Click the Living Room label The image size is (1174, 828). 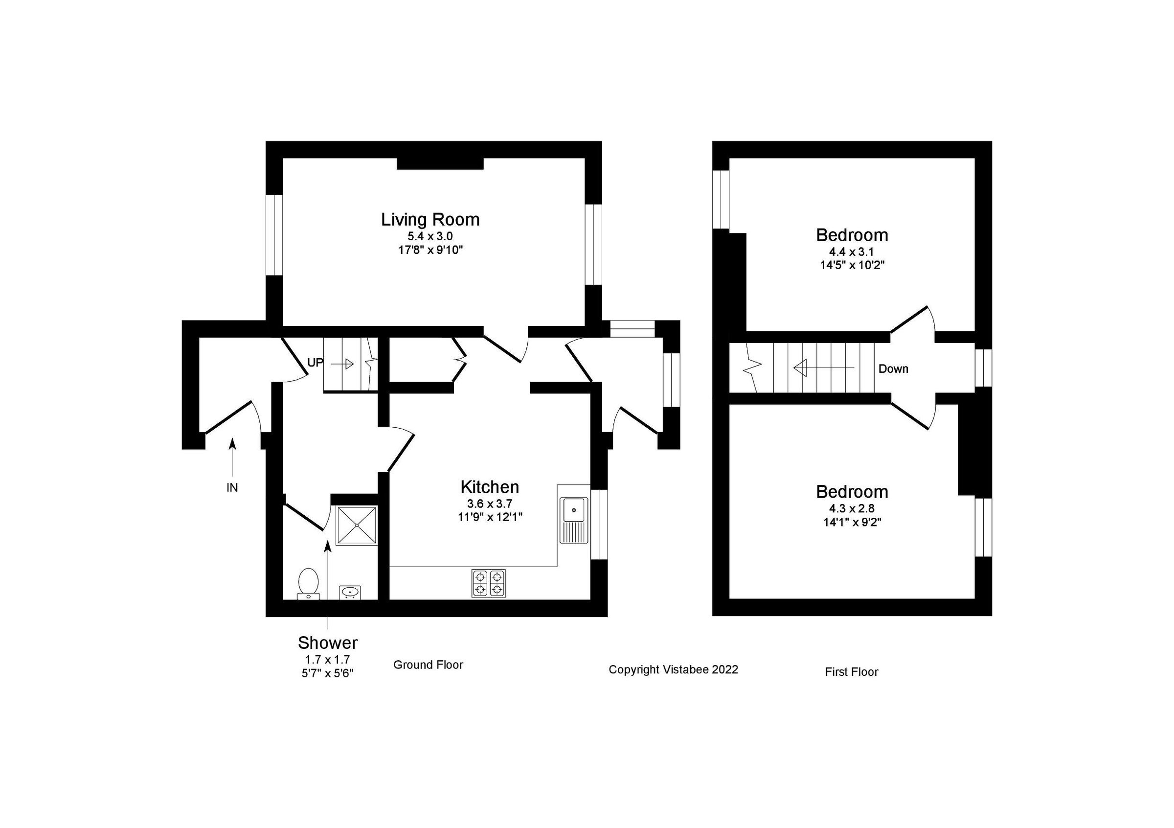[430, 219]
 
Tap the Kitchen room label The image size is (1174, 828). [489, 486]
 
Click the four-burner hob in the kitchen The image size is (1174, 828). [488, 583]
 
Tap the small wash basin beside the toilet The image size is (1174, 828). [350, 592]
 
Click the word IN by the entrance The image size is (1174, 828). [232, 488]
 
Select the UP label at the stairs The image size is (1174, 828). [315, 363]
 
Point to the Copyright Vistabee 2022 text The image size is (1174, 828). [673, 669]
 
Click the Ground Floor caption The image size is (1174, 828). [428, 665]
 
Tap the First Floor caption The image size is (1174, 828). [851, 672]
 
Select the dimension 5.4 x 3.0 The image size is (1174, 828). [430, 236]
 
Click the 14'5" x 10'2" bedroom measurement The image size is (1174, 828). [852, 265]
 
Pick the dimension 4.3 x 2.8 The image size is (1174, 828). [852, 508]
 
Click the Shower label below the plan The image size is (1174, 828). [328, 643]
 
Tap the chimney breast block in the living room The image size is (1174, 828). [440, 163]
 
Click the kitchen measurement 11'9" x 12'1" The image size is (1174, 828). [490, 517]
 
